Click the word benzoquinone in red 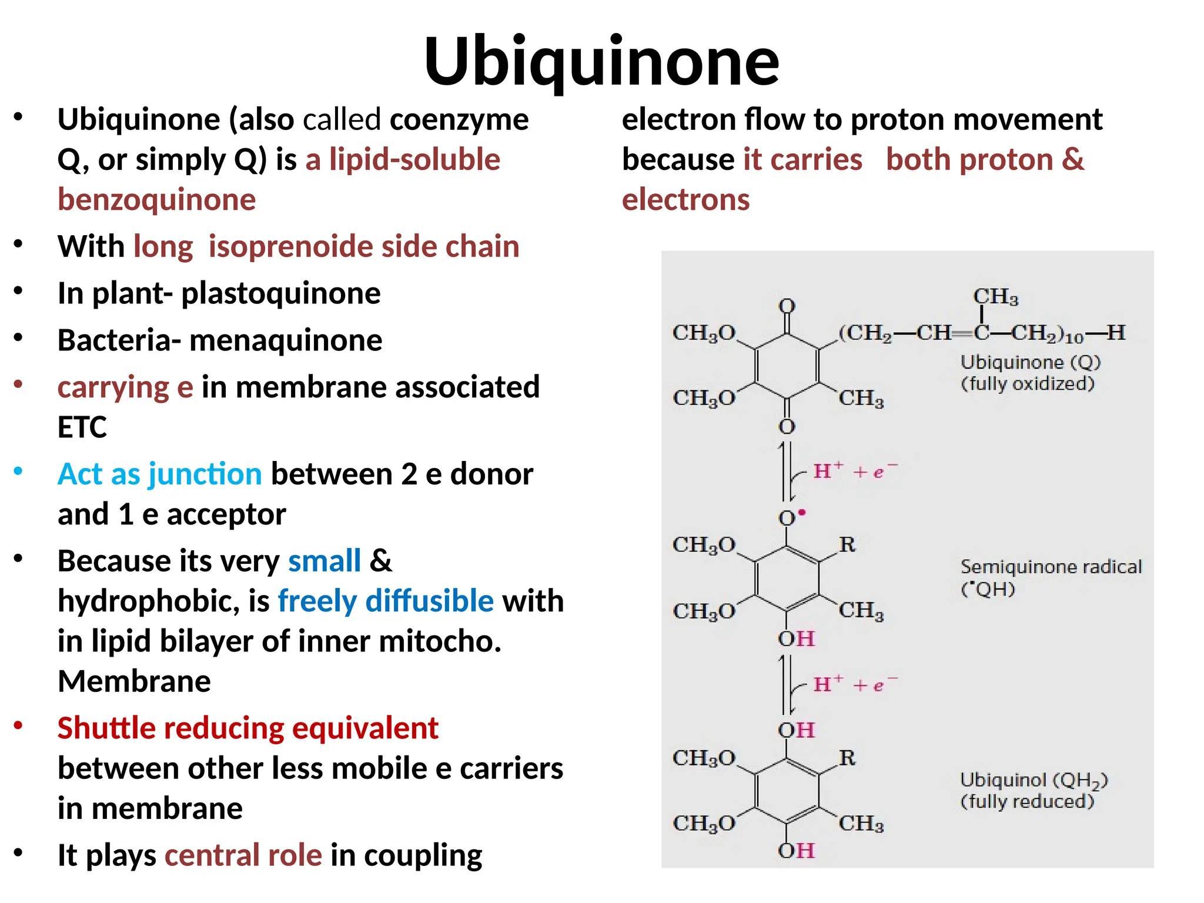tap(156, 200)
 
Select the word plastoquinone tap(280, 293)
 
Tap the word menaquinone tap(286, 340)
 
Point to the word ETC tap(82, 427)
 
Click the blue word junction tap(205, 474)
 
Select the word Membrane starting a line tap(134, 681)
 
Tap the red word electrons tap(685, 200)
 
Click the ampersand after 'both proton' tap(1073, 160)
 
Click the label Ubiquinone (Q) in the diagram tap(1030, 362)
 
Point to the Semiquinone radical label tap(1051, 567)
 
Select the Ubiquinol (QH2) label tap(1034, 781)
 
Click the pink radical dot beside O tap(802, 513)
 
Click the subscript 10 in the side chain tap(1074, 338)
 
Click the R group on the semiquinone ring tap(847, 544)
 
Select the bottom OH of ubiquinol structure tap(797, 851)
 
